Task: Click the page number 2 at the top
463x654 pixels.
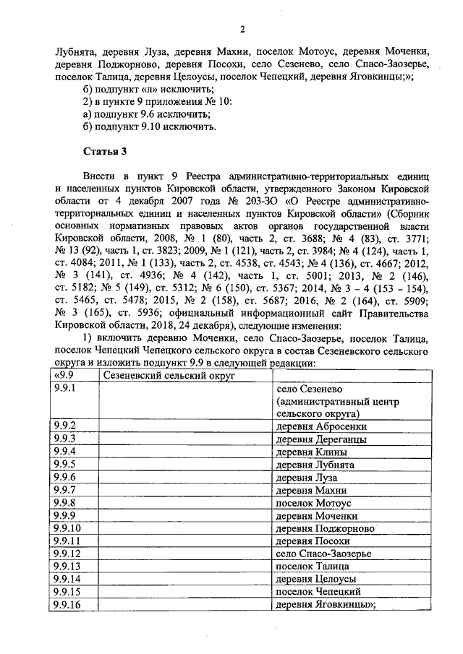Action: [x=242, y=29]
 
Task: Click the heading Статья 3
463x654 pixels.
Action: [x=105, y=150]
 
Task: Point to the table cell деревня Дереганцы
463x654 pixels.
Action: [x=315, y=439]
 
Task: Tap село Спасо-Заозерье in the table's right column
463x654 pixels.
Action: [x=323, y=554]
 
